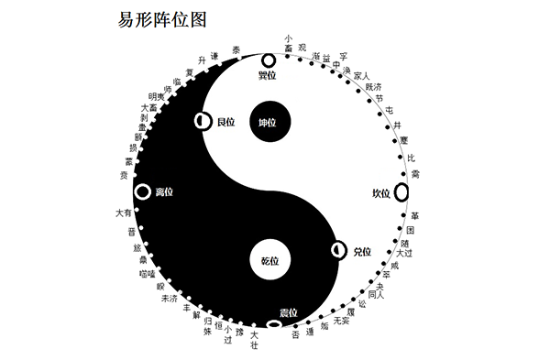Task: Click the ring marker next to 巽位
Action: [x=269, y=60]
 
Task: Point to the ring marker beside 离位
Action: [x=142, y=191]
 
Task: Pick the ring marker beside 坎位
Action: [x=401, y=191]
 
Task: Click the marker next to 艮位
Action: [x=203, y=121]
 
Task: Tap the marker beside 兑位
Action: [x=339, y=249]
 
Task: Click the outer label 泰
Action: [x=237, y=49]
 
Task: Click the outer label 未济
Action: [x=170, y=298]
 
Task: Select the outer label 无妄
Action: [x=341, y=322]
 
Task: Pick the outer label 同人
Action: [x=376, y=293]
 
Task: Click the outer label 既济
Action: [x=373, y=86]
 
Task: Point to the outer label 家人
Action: [x=360, y=76]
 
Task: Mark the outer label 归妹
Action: [x=208, y=325]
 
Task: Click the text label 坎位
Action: [x=380, y=192]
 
